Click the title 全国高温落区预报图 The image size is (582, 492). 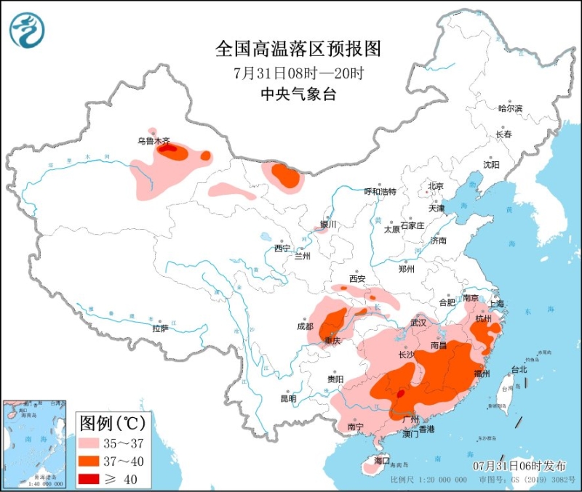(x=298, y=49)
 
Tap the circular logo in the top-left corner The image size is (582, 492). (x=27, y=30)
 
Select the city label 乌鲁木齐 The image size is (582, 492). (x=154, y=141)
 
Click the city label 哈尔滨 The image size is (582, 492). (x=510, y=108)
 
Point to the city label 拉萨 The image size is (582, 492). (x=161, y=328)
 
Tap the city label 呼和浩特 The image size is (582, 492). (x=380, y=191)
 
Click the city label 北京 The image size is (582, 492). (x=435, y=185)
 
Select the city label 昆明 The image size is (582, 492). (x=288, y=398)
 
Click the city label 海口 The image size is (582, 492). (x=382, y=461)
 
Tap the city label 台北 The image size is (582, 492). (x=519, y=369)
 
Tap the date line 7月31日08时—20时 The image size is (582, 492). (x=298, y=73)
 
